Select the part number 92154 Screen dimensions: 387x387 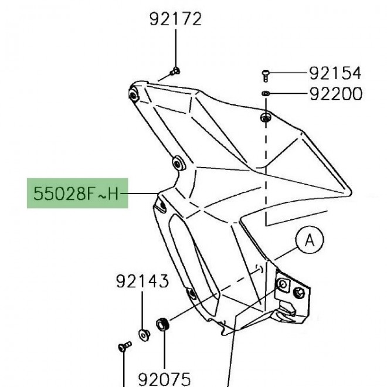(x=335, y=73)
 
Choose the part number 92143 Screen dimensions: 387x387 (x=142, y=281)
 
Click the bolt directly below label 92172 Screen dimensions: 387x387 (x=175, y=72)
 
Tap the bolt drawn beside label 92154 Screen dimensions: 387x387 (x=265, y=74)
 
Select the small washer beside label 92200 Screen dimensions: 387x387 (x=265, y=94)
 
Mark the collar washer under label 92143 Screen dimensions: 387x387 (x=143, y=334)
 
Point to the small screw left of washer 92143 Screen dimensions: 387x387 (x=123, y=347)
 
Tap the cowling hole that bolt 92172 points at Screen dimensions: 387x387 (x=133, y=93)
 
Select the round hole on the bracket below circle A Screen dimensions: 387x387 (x=284, y=284)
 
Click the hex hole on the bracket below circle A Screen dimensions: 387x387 (x=301, y=291)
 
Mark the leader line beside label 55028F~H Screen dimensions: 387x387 (x=141, y=193)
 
